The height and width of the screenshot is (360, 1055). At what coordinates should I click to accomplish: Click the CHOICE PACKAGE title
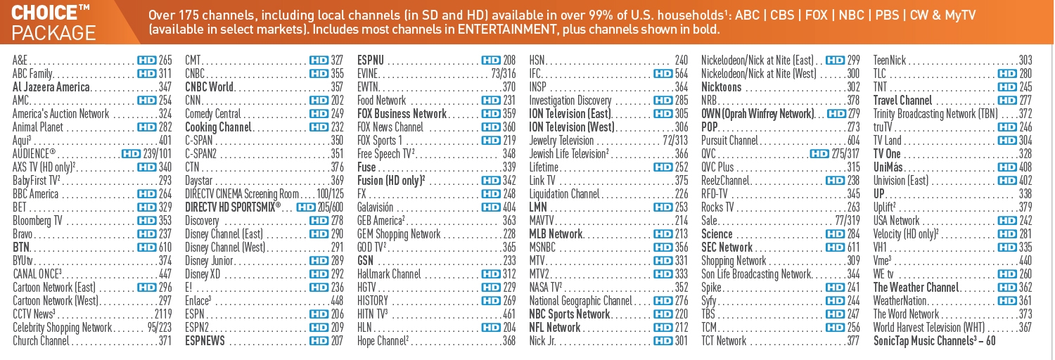tap(54, 22)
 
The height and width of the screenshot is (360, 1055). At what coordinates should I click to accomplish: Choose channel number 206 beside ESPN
tap(337, 314)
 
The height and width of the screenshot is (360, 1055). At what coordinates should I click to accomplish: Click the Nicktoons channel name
tap(722, 87)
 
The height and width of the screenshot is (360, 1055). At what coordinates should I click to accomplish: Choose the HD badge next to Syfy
tap(835, 301)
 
